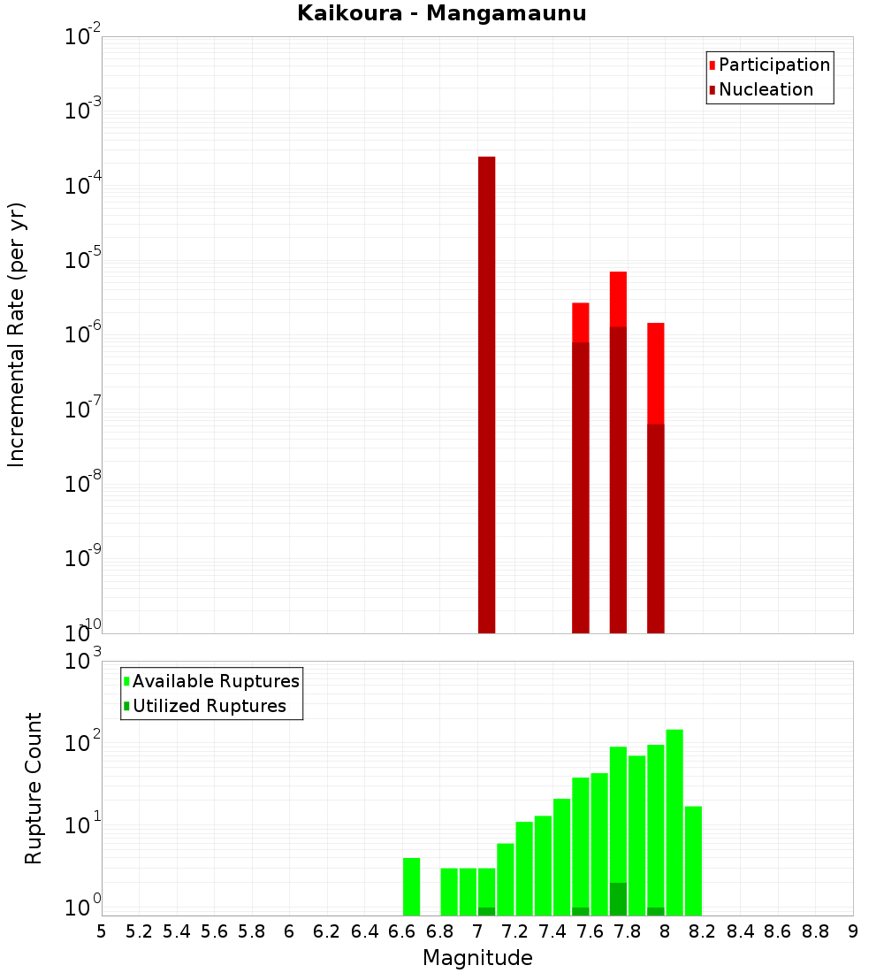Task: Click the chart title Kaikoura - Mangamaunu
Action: tap(441, 13)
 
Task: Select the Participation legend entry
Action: tap(774, 65)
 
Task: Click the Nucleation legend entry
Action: tap(766, 89)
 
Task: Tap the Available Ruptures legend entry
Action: tap(216, 681)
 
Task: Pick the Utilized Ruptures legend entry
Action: tap(209, 706)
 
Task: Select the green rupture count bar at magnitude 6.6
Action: tap(411, 886)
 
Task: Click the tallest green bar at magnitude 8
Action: tap(674, 823)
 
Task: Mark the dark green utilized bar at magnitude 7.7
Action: tap(618, 899)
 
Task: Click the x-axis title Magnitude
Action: tap(477, 958)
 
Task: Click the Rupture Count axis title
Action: tap(34, 788)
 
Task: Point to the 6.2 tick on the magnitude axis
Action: tap(326, 931)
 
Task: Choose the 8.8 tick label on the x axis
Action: tap(815, 931)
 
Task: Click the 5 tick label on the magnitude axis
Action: tap(102, 931)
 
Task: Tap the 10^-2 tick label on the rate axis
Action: tap(83, 37)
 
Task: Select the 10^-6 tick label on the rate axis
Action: tap(83, 335)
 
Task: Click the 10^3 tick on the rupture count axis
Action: tap(85, 661)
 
